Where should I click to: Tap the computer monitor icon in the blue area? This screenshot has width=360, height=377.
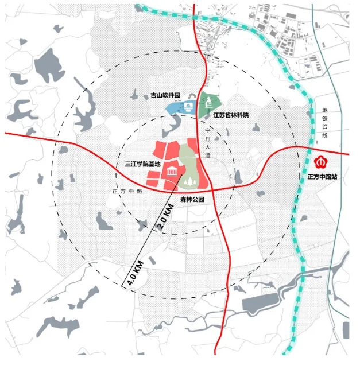click(x=188, y=106)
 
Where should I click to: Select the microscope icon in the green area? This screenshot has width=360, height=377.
click(x=209, y=102)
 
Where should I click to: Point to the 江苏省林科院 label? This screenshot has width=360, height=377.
click(x=231, y=115)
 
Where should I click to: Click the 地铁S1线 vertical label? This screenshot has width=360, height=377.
click(x=324, y=122)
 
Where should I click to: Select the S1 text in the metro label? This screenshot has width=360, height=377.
click(x=324, y=128)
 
